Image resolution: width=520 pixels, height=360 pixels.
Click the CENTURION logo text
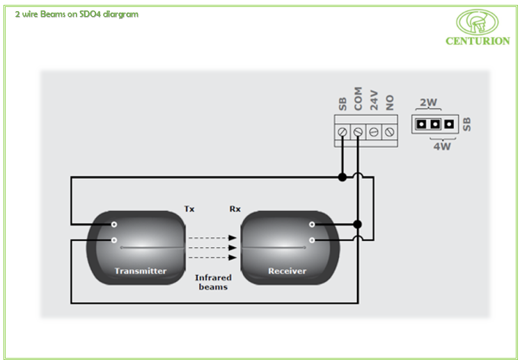(478, 40)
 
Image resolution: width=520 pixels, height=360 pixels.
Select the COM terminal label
(358, 100)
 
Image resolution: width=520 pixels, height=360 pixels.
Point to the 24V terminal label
(374, 102)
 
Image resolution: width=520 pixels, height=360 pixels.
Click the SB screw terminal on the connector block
(342, 131)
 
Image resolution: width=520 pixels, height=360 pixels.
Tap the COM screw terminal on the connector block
(358, 131)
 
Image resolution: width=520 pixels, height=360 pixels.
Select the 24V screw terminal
(374, 131)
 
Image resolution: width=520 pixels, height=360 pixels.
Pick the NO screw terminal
(390, 131)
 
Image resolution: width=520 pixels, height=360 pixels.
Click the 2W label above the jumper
(428, 103)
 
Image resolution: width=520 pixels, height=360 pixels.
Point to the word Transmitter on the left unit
(141, 271)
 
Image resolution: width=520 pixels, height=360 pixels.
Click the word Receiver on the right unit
(287, 271)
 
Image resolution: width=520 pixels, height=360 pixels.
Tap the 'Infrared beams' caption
(212, 282)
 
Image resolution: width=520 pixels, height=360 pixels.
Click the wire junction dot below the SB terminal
(342, 177)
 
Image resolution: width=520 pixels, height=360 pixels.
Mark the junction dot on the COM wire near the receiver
(358, 224)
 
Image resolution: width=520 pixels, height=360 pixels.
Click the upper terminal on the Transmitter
(113, 224)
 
